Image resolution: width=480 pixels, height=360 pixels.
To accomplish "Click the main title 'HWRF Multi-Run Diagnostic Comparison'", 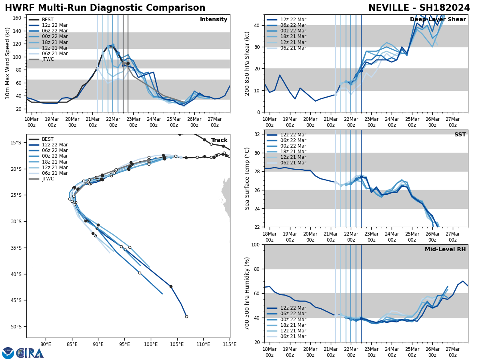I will click(105, 8).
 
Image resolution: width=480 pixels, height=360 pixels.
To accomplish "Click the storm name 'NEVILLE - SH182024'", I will click(419, 8).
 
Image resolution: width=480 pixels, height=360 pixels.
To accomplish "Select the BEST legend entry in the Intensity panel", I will click(47, 20).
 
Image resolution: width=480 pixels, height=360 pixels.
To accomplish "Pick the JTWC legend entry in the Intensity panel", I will click(48, 59).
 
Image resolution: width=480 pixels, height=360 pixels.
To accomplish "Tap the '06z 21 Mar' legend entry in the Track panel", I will click(55, 173).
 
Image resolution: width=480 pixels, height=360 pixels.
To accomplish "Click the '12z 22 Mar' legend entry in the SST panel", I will click(293, 135).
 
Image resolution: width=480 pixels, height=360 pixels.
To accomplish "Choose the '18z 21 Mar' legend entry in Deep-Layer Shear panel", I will click(293, 36).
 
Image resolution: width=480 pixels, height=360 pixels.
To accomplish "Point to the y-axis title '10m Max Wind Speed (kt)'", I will click(7, 63).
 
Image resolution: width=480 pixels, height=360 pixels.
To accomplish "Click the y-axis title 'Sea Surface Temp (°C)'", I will click(247, 178).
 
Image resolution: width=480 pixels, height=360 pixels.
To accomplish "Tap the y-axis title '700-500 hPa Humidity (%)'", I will click(247, 293).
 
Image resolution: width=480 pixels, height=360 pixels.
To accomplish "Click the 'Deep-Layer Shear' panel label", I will click(438, 20).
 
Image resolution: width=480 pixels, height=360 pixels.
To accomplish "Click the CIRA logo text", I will click(30, 353).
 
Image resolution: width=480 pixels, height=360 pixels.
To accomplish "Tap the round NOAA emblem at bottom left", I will click(8, 353).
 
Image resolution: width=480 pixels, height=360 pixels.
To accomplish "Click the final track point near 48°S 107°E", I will click(186, 316).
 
